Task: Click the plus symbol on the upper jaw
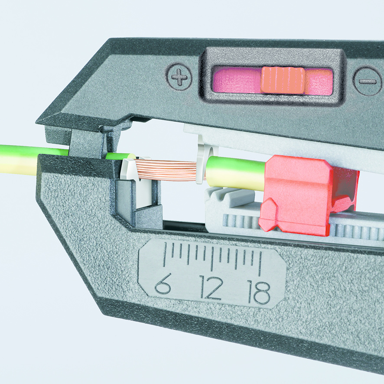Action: [x=179, y=76]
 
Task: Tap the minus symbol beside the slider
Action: [x=368, y=81]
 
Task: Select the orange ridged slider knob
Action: [x=283, y=80]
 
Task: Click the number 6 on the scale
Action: [x=163, y=284]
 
